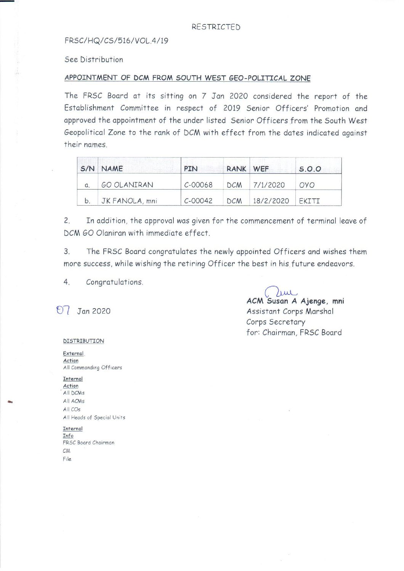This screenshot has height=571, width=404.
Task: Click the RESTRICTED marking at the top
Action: click(216, 27)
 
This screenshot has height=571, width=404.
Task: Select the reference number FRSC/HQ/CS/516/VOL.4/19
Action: click(116, 41)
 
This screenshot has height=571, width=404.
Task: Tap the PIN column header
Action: click(191, 169)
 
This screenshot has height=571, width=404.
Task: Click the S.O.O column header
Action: click(310, 169)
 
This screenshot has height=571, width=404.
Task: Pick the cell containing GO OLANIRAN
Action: click(127, 185)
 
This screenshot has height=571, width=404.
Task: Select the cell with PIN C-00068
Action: click(198, 185)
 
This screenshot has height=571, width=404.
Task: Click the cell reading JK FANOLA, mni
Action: click(129, 201)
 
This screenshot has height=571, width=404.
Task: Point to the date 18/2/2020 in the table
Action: click(271, 201)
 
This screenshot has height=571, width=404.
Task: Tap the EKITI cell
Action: click(309, 201)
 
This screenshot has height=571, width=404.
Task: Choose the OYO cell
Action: click(307, 185)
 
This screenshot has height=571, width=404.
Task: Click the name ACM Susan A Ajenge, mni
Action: click(295, 301)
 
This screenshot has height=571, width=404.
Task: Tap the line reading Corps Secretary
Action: click(276, 322)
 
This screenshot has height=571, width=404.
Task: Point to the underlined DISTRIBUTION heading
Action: click(83, 341)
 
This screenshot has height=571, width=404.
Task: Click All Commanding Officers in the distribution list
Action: click(93, 368)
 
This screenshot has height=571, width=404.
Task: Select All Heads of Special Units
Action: click(94, 418)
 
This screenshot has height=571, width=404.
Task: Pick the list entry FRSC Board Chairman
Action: click(88, 443)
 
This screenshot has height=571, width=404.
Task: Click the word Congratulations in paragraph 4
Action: click(114, 282)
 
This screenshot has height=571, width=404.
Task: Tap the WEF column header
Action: click(261, 169)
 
